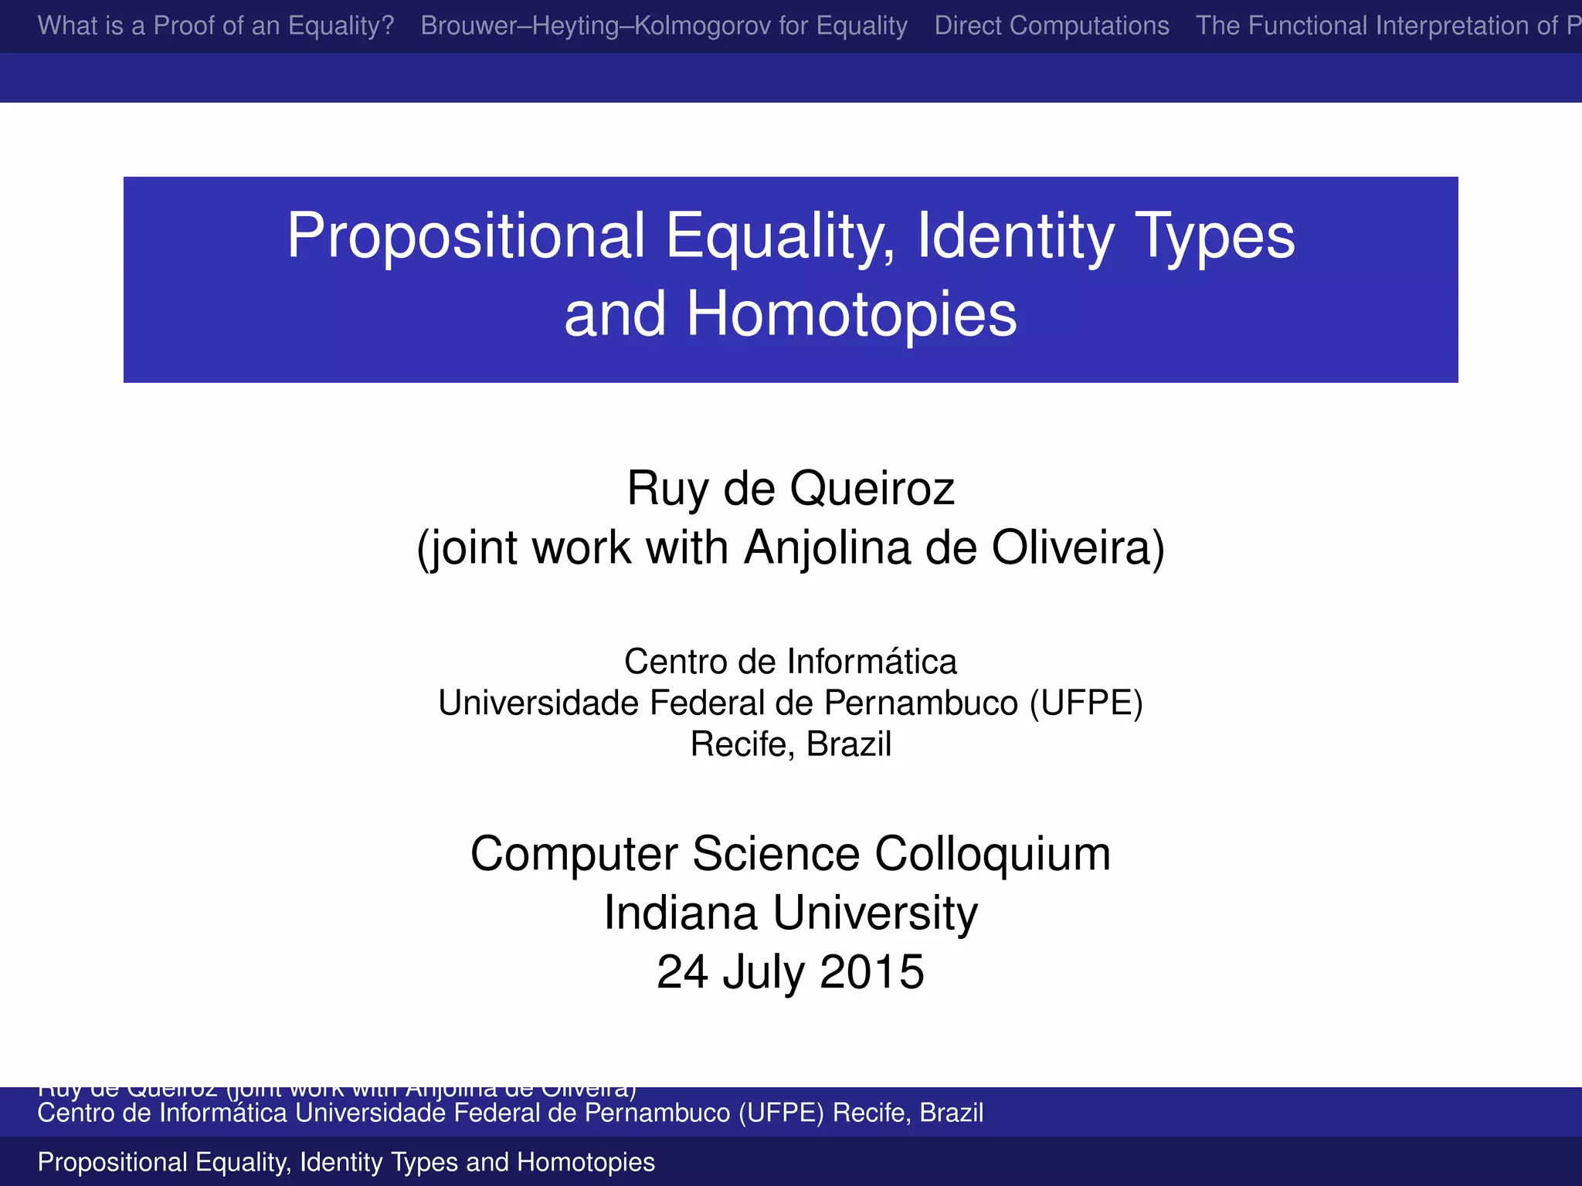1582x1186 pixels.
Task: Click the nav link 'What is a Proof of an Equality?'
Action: (216, 26)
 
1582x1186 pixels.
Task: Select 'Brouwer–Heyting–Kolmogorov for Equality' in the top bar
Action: (664, 26)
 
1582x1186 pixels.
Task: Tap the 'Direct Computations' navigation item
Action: (1051, 26)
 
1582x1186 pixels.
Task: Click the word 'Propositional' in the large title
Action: (466, 236)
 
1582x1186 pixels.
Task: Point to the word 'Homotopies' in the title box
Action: (851, 315)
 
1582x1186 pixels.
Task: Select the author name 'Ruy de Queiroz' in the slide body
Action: (790, 489)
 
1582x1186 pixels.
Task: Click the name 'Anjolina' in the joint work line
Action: (827, 548)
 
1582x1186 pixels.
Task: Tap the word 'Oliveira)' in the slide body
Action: (1078, 548)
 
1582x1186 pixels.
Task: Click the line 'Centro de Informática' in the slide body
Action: (790, 662)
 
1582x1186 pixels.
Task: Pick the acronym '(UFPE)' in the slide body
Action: (1085, 703)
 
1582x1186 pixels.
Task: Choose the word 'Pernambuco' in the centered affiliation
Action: (921, 703)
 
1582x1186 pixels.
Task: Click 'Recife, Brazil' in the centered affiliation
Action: (790, 744)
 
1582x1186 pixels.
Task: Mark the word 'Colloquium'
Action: (993, 855)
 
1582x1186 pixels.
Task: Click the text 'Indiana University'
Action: (790, 913)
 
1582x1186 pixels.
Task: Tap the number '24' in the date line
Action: (682, 972)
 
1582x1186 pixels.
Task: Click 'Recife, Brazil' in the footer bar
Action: (908, 1113)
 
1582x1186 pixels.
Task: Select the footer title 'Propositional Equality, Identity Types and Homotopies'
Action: (346, 1162)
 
